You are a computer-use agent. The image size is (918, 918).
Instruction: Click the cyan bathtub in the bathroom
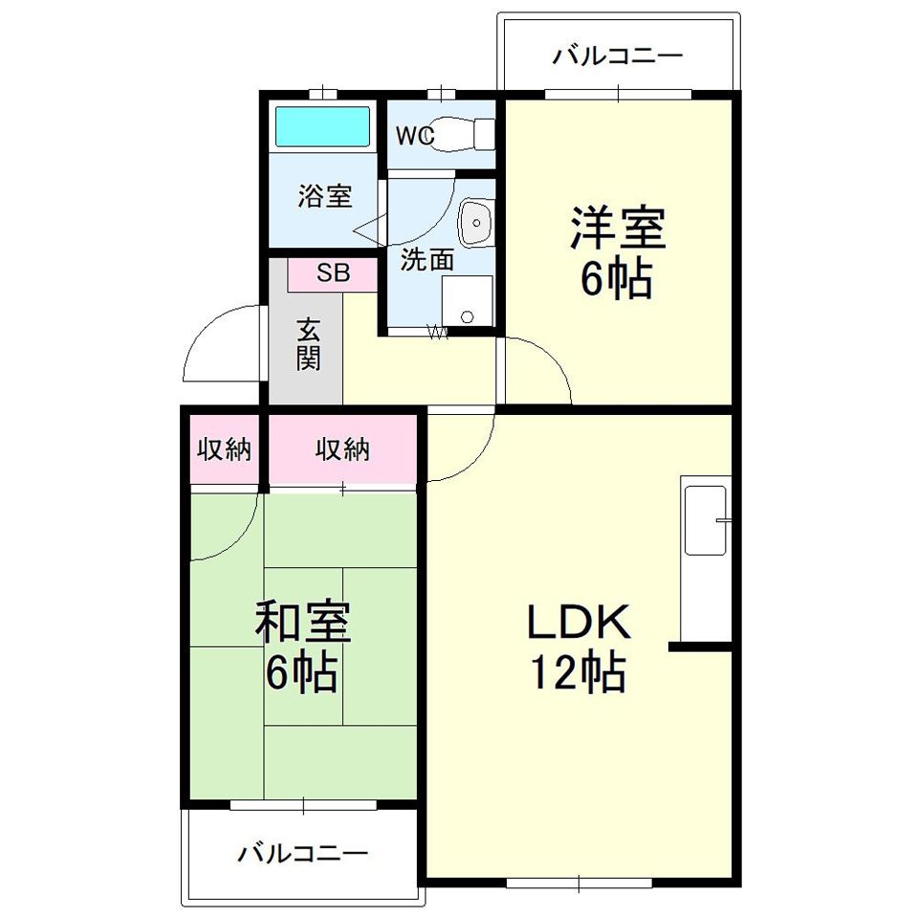tap(322, 126)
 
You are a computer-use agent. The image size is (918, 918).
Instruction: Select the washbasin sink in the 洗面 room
tap(476, 223)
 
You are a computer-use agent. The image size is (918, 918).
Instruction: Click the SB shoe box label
tap(334, 273)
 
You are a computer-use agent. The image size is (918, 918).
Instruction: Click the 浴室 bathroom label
tap(325, 196)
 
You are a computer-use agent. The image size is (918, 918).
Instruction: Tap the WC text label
tap(414, 136)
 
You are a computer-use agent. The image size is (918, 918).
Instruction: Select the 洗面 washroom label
tap(426, 260)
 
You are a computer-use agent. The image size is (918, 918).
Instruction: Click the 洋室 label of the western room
tap(619, 229)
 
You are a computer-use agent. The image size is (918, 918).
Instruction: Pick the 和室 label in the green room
tap(303, 623)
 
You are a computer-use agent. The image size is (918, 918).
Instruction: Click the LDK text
tap(579, 622)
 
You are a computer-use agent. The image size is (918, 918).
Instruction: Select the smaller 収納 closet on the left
tap(224, 449)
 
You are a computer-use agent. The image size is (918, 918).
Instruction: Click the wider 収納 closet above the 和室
tap(342, 449)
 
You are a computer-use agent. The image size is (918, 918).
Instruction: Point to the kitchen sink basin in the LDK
tap(707, 520)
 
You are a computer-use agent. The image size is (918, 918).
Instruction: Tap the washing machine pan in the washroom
tap(468, 300)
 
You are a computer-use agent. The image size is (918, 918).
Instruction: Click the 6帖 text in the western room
tap(616, 279)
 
